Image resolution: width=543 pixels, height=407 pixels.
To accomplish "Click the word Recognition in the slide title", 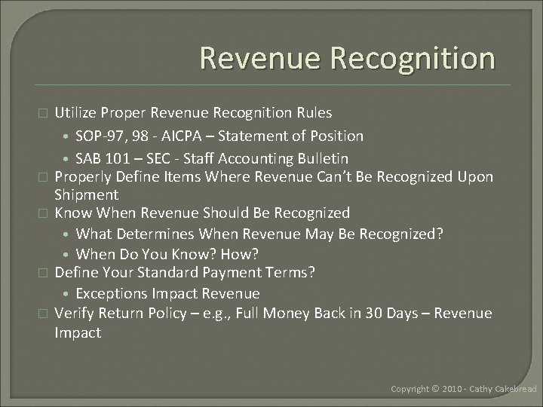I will (x=407, y=58).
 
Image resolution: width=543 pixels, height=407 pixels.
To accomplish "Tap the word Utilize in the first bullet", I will (x=76, y=112).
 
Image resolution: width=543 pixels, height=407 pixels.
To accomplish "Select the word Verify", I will (x=75, y=313).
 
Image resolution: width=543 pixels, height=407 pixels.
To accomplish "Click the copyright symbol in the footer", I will (x=434, y=388).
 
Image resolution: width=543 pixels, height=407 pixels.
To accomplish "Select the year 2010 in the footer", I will (x=451, y=388).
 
